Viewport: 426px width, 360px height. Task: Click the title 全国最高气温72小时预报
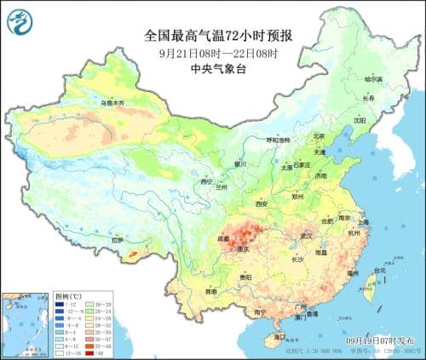tap(212, 36)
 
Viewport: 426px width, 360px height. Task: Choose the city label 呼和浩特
tap(278, 140)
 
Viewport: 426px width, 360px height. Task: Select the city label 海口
tap(280, 337)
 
